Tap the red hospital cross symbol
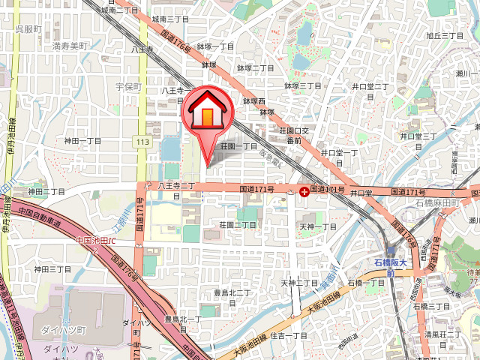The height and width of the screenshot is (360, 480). tap(304, 192)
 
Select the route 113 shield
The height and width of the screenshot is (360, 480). tap(142, 142)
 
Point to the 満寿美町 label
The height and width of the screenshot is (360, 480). tap(70, 46)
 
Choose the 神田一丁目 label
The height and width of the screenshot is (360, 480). tap(82, 140)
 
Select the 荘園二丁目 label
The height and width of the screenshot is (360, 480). tap(238, 224)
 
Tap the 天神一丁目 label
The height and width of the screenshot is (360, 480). tap(318, 226)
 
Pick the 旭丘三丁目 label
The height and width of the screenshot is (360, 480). tap(444, 35)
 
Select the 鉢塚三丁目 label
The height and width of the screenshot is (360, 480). tap(302, 86)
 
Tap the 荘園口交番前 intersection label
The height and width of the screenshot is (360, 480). tap(289, 135)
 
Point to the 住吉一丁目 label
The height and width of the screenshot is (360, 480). tap(289, 335)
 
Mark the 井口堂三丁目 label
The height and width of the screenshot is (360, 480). tap(418, 136)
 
